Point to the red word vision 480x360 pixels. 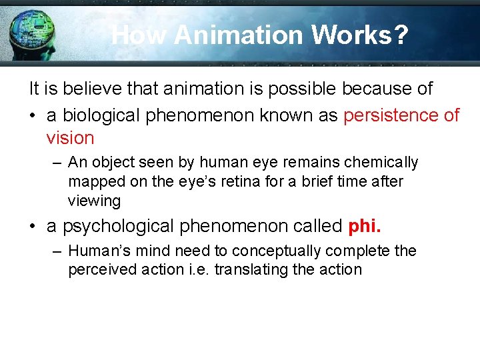pos(70,138)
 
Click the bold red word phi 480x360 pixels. pos(364,226)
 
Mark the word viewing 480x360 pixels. pos(94,201)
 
